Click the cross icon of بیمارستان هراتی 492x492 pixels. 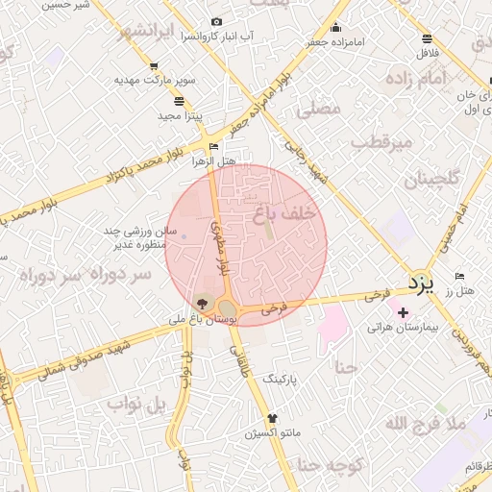click(x=403, y=311)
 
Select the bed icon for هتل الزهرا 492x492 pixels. click(x=213, y=147)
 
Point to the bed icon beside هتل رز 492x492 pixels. click(x=458, y=277)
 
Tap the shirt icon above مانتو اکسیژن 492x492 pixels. click(x=272, y=418)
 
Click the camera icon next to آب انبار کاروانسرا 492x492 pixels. click(x=216, y=22)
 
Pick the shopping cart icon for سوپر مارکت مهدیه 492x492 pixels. click(x=154, y=66)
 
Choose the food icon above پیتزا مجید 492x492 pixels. click(x=179, y=101)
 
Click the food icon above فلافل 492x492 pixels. click(x=427, y=39)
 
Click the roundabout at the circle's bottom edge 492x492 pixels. click(x=228, y=308)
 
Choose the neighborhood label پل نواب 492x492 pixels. click(x=135, y=404)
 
